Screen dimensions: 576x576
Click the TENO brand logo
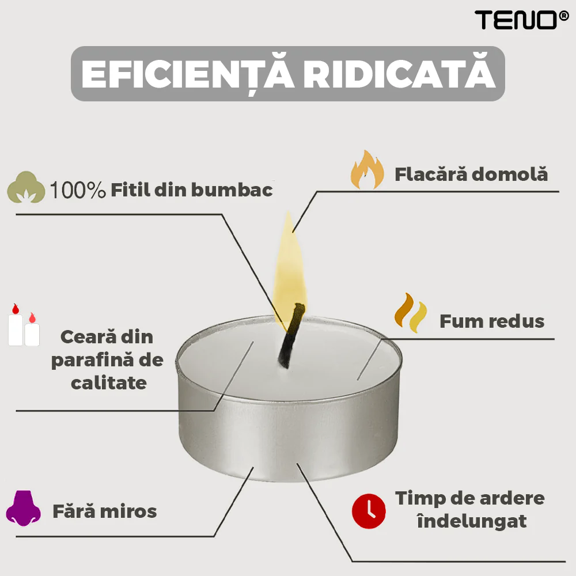(x=522, y=20)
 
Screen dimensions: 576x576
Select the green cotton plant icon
(x=26, y=187)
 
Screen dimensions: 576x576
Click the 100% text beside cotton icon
(x=78, y=190)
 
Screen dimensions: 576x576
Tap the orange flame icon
(x=367, y=170)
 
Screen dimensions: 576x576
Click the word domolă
(x=510, y=174)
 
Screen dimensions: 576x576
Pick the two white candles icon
(x=24, y=325)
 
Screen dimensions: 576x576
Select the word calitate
(x=109, y=383)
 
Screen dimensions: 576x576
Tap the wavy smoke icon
(x=411, y=313)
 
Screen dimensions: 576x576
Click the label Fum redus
(x=492, y=321)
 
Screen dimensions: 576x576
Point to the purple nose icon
(x=23, y=508)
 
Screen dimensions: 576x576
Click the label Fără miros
(x=105, y=511)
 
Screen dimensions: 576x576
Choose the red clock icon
(x=369, y=511)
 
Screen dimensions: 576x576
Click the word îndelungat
(x=472, y=521)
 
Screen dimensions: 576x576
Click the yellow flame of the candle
(x=290, y=268)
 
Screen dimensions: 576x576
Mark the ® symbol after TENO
(x=563, y=16)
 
